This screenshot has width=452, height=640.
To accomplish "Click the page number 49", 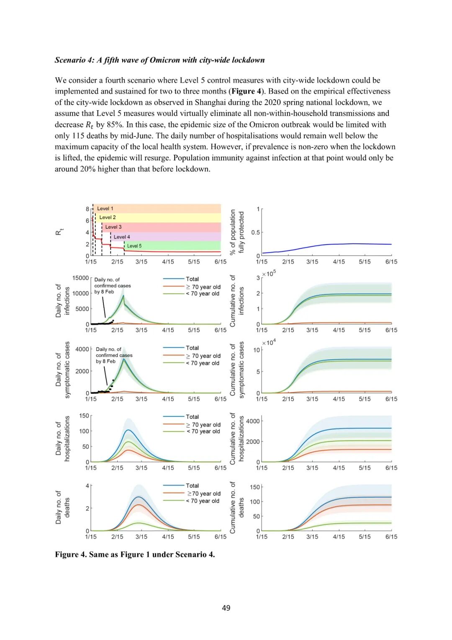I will coord(226,608).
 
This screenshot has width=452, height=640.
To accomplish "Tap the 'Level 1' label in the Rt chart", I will coord(105,209).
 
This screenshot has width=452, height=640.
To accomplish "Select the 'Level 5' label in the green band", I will coord(134,246).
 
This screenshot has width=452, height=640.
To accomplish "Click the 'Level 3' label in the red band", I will coord(113,227).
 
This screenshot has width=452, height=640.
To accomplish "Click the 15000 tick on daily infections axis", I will coord(81,278).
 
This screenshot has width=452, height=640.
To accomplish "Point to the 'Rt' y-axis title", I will coord(59,232).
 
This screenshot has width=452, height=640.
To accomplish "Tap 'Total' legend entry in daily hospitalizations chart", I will coord(192,417).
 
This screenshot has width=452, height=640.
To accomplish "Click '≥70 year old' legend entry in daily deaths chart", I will coord(204,494).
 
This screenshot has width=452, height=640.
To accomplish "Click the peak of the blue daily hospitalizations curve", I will coord(128,430).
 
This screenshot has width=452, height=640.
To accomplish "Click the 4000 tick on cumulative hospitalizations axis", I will coord(253,421).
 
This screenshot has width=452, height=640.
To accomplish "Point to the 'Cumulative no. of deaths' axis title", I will coord(237,507).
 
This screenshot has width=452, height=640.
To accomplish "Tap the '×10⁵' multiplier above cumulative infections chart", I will coord(269,274).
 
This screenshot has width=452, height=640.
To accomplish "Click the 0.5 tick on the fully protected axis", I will coord(255,232).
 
